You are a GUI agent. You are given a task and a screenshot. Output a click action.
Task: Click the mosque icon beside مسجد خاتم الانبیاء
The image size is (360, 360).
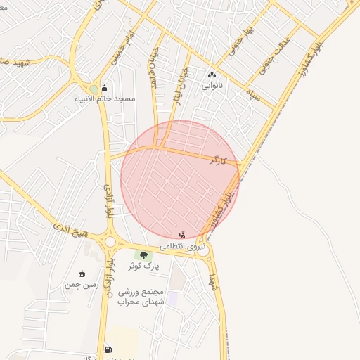point(105,88)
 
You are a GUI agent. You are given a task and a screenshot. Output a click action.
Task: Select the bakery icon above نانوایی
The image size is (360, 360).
point(212,75)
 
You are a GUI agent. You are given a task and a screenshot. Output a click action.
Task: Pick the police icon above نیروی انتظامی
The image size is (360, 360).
point(183,235)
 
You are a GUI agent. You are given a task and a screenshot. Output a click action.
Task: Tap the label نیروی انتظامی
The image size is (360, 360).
point(183,247)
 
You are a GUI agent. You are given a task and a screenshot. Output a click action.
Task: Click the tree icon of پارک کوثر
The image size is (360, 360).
point(143,255)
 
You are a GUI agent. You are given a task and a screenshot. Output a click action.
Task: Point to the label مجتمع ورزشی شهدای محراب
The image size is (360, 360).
point(141,297)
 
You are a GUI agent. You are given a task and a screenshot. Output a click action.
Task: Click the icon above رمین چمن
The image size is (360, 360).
point(82,274)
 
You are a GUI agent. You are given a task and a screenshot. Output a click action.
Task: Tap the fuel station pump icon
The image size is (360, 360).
point(108,349)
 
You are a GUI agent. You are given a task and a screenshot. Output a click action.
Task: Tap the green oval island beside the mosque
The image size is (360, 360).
point(94,89)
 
